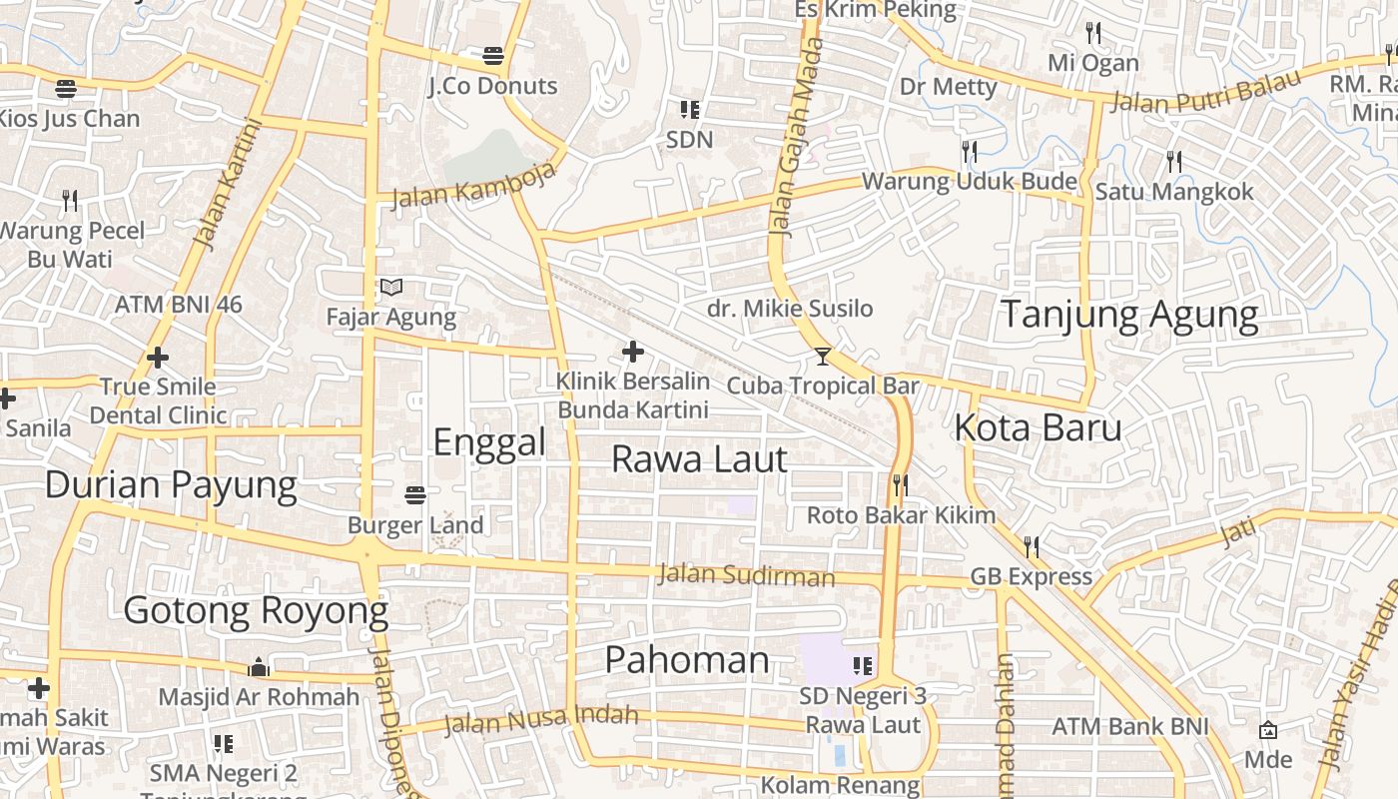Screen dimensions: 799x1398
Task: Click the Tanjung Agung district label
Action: pyautogui.click(x=1129, y=315)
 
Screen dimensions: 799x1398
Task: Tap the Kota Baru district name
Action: pyautogui.click(x=1039, y=427)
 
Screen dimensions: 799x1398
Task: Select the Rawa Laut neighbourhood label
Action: pyautogui.click(x=699, y=459)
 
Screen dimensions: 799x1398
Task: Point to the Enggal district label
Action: pyautogui.click(x=489, y=441)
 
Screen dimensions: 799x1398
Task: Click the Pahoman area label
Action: pyautogui.click(x=687, y=660)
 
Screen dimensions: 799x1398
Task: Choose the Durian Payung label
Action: pyautogui.click(x=171, y=485)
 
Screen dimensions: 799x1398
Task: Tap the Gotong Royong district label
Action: pyautogui.click(x=256, y=610)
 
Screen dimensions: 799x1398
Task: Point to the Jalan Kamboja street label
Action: pyautogui.click(x=472, y=186)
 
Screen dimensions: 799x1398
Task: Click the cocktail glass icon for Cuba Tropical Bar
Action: pyautogui.click(x=823, y=357)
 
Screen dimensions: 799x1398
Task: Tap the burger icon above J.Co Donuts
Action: pyautogui.click(x=493, y=55)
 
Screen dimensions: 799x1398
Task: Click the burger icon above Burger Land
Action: pyautogui.click(x=415, y=494)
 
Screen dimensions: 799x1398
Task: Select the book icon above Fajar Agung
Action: pyautogui.click(x=391, y=288)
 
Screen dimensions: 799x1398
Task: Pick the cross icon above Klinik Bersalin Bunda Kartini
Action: pyautogui.click(x=633, y=352)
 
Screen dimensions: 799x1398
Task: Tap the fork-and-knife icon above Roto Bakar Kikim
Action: pyautogui.click(x=900, y=485)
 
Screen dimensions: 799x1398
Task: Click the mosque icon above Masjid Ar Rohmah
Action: pyautogui.click(x=259, y=667)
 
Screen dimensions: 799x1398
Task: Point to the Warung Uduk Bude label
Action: pyautogui.click(x=969, y=182)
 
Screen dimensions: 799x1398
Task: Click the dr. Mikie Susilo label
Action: pyautogui.click(x=790, y=309)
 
